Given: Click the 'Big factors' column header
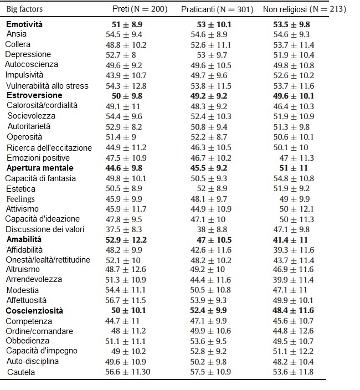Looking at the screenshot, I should pyautogui.click(x=24, y=9).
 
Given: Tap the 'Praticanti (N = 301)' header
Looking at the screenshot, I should pyautogui.click(x=217, y=10).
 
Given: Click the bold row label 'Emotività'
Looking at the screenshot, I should pyautogui.click(x=24, y=25).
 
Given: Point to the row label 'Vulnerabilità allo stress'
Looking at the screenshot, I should pyautogui.click(x=47, y=86).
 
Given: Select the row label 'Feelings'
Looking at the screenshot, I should pyautogui.click(x=20, y=198).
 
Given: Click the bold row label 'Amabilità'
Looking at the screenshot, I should pyautogui.click(x=24, y=239).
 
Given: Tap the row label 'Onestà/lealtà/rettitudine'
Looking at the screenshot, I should pyautogui.click(x=48, y=260).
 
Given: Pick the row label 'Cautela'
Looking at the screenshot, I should pyautogui.click(x=21, y=372).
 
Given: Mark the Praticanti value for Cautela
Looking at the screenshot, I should pyautogui.click(x=211, y=372).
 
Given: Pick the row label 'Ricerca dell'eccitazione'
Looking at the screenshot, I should pyautogui.click(x=49, y=148).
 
